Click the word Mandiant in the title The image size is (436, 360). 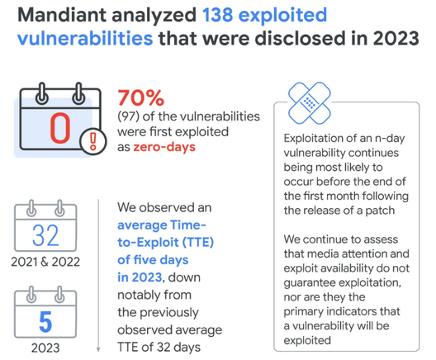coord(62,15)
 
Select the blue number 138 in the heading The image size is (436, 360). coord(218,15)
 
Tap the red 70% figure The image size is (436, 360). coord(141,97)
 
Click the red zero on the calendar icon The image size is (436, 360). coord(60,128)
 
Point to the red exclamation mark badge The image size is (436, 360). coord(93,141)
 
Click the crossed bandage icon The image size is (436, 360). coord(310,103)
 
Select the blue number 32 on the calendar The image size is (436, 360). coord(45,236)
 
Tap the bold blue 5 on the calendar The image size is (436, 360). coord(45,322)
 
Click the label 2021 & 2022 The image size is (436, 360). coord(45,262)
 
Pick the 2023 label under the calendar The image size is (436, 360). coord(45,348)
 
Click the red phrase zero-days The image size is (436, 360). coord(164,147)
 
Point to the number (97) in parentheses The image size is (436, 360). coord(128,116)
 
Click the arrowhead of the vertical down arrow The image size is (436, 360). coord(98,349)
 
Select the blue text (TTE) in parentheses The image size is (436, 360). coord(198,243)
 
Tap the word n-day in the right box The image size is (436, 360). coord(390,139)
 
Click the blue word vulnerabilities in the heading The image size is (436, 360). coord(85,38)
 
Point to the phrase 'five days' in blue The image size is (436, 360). coord(162,260)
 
